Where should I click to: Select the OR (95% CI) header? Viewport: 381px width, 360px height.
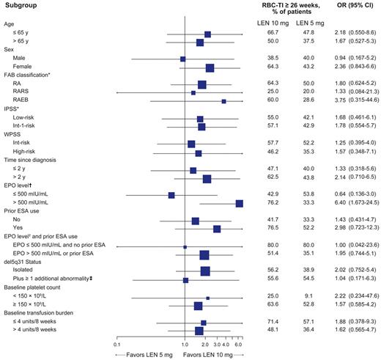(350, 5)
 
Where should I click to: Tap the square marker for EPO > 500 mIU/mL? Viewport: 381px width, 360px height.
(239, 204)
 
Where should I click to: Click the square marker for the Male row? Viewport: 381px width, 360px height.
(182, 59)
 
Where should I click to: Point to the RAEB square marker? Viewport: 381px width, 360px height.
(223, 101)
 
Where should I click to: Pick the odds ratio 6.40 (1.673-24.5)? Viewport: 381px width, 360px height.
(351, 204)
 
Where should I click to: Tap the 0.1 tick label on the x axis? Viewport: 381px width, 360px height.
(117, 344)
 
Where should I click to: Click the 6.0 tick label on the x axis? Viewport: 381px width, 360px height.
(239, 344)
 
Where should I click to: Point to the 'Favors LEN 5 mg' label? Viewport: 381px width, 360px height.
(142, 355)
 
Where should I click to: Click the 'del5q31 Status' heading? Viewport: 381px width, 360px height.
(25, 263)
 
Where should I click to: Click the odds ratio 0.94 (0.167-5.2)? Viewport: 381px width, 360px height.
(351, 59)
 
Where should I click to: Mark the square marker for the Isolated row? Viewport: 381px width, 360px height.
(205, 272)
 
